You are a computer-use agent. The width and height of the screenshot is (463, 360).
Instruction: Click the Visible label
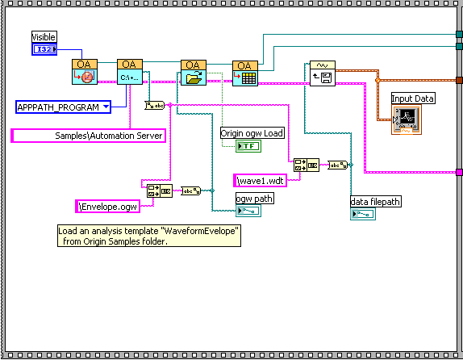(x=44, y=36)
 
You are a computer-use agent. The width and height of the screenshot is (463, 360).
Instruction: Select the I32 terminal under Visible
(x=44, y=49)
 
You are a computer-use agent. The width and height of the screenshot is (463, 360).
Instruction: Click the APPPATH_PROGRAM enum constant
(x=63, y=107)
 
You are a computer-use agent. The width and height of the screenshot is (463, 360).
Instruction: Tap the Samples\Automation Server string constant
(x=88, y=136)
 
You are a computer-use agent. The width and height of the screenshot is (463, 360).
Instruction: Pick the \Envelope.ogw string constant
(x=108, y=207)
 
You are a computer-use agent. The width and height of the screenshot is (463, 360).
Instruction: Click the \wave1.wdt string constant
(x=261, y=180)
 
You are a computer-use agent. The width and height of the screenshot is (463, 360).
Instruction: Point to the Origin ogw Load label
(x=252, y=133)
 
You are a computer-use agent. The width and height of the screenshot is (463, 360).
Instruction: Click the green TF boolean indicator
(x=248, y=146)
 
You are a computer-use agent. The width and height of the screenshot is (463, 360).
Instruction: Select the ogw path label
(x=255, y=199)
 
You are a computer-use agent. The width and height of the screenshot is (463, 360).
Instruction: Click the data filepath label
(x=376, y=202)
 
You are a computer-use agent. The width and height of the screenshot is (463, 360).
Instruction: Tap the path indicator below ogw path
(x=248, y=211)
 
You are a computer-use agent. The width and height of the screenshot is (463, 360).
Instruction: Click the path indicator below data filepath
(x=363, y=214)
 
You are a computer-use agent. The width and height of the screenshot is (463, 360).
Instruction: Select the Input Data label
(x=413, y=98)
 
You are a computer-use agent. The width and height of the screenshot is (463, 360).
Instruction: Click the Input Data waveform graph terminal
(x=407, y=119)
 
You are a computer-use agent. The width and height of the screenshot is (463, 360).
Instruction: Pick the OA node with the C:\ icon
(x=130, y=72)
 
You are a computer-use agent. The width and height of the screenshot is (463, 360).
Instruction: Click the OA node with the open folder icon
(x=194, y=73)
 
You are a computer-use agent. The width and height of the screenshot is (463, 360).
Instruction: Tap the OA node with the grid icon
(x=245, y=73)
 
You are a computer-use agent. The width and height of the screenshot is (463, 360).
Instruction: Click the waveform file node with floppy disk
(x=323, y=73)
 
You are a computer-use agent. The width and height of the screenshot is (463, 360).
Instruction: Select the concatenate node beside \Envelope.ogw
(x=160, y=191)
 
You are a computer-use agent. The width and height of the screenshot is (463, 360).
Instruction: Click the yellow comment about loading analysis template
(x=149, y=236)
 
